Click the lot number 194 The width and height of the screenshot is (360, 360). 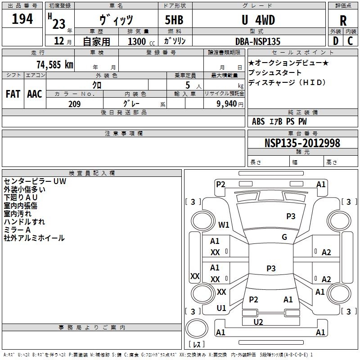click(22, 19)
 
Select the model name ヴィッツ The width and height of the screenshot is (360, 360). click(116, 20)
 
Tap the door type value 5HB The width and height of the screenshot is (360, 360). click(173, 20)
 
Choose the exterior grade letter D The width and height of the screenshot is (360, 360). click(335, 41)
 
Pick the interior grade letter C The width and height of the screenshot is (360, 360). click(350, 41)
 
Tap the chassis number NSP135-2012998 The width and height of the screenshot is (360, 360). click(302, 143)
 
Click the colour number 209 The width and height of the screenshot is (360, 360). click(75, 104)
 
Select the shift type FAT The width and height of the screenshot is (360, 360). click(13, 94)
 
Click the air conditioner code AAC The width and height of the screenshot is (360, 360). click(35, 94)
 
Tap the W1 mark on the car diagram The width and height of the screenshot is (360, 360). click(224, 225)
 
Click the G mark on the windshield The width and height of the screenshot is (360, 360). click(284, 237)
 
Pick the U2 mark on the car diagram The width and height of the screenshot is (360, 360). click(258, 322)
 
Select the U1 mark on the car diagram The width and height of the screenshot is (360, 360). click(221, 308)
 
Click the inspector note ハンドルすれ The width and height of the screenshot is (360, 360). click(24, 222)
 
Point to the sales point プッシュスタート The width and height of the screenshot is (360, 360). click(275, 73)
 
